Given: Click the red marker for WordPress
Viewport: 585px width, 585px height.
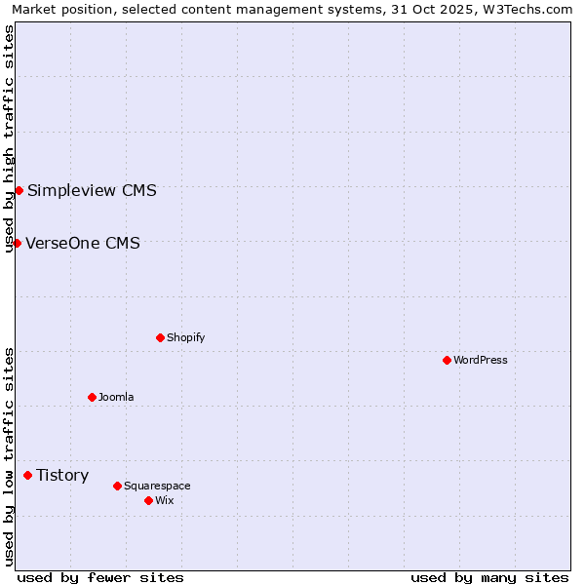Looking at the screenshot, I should coord(447,360).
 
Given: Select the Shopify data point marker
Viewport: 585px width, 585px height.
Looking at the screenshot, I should coord(160,337).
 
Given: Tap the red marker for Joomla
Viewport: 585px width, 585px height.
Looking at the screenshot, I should coord(92,397).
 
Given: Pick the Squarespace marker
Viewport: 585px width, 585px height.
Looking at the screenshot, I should coord(117,486).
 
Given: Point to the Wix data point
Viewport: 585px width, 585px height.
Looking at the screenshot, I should coord(148,500).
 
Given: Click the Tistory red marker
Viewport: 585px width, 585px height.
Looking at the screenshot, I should coord(27,475).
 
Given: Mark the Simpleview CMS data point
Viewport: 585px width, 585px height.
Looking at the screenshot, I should coord(19,190).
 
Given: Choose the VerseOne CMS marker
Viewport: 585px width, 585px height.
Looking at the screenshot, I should coord(17,243).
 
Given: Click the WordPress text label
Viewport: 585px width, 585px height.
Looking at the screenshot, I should coord(481,360).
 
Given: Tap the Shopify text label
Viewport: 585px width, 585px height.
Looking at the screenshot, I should coord(185,337).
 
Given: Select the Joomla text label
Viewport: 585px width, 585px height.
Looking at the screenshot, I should coord(116,397).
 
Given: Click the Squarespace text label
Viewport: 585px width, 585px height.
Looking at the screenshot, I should coord(157,486).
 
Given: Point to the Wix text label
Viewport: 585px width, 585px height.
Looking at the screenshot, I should coord(164,500).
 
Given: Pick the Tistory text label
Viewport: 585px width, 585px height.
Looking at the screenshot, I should coord(62,475).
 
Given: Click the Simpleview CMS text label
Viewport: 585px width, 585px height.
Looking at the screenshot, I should coord(92,190).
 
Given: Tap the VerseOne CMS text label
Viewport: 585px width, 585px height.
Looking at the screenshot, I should coord(83,243).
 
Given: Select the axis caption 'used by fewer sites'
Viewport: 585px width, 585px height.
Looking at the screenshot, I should coord(100,577).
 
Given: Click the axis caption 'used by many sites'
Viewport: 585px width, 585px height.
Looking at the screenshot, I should coord(489,577).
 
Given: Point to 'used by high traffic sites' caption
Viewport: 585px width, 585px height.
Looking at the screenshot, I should coord(9,138).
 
